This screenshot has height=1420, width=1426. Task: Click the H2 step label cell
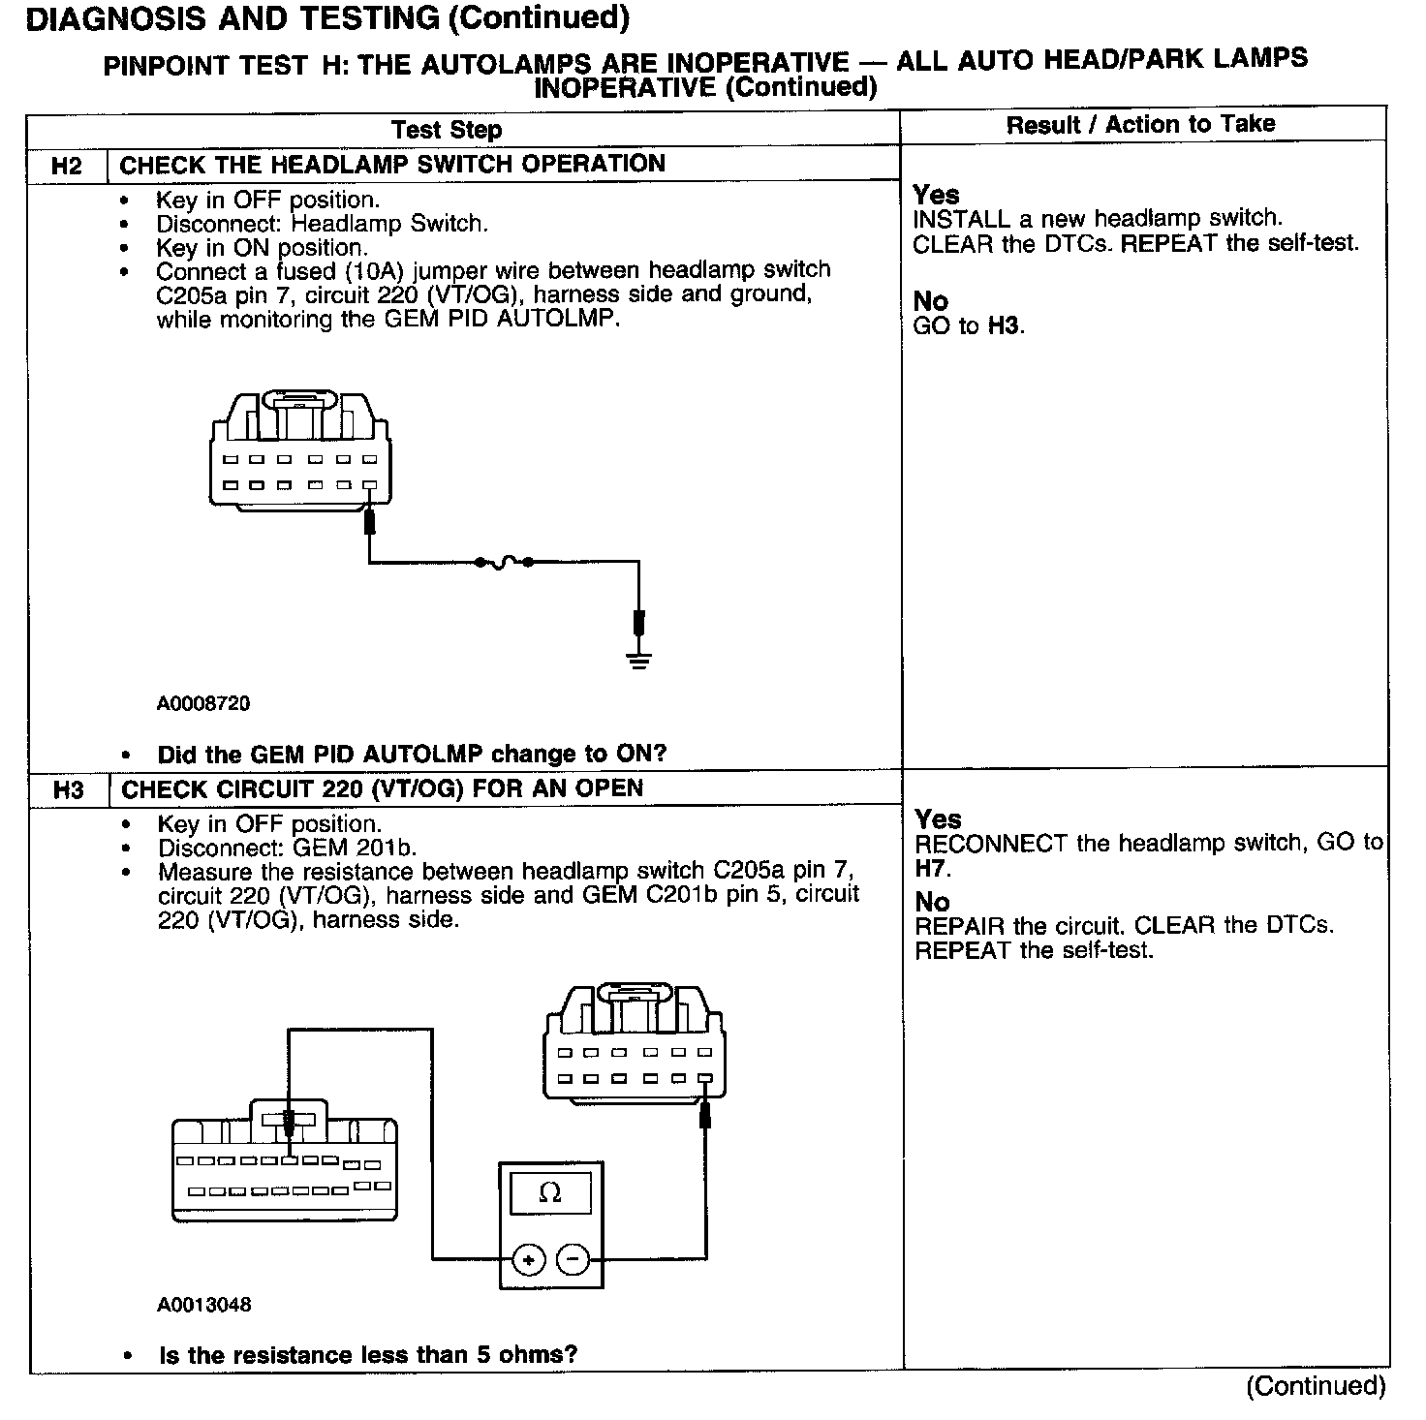coord(66,166)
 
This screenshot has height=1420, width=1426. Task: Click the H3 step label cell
coord(68,790)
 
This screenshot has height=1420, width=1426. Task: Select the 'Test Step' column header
coord(447,130)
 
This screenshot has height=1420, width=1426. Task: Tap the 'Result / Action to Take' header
coord(1140,124)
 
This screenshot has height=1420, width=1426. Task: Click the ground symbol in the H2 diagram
coord(638,662)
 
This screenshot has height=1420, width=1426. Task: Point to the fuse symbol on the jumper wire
coord(504,562)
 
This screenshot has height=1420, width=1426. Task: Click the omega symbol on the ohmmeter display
coord(549,1192)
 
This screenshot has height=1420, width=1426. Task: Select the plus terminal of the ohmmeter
coord(528,1259)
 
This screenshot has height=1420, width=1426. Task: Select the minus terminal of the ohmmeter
coord(573,1259)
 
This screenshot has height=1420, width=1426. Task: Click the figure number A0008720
coord(203,704)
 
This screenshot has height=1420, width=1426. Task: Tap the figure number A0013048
coord(204,1305)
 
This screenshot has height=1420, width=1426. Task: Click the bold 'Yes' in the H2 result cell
coord(936,195)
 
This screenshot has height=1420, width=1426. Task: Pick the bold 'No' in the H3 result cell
coord(932,902)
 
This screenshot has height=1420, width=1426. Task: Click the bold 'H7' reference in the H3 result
coord(931,868)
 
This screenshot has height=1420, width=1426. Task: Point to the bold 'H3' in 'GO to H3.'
coord(1004,325)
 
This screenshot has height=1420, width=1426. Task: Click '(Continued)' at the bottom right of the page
coord(1316,1385)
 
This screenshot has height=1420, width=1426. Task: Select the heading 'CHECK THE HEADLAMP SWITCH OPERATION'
coord(392,164)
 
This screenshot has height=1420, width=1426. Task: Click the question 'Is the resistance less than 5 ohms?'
coord(368,1354)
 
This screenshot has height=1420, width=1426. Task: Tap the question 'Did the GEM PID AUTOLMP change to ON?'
coord(412,754)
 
